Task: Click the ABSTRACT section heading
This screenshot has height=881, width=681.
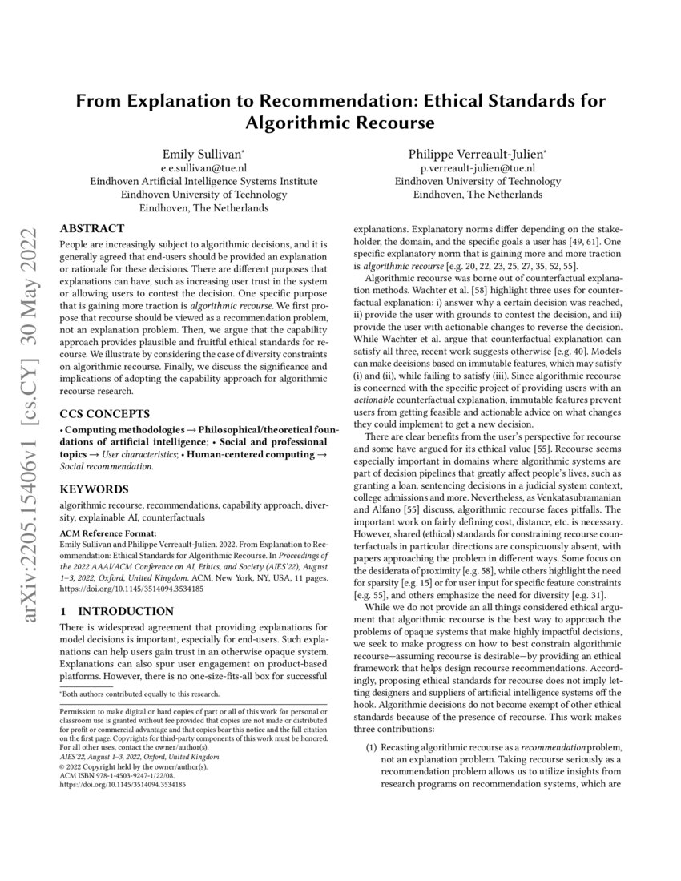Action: coord(92,228)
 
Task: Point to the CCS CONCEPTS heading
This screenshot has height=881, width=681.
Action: coord(105,415)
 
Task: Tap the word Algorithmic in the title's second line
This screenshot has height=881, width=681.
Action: coord(297,123)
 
